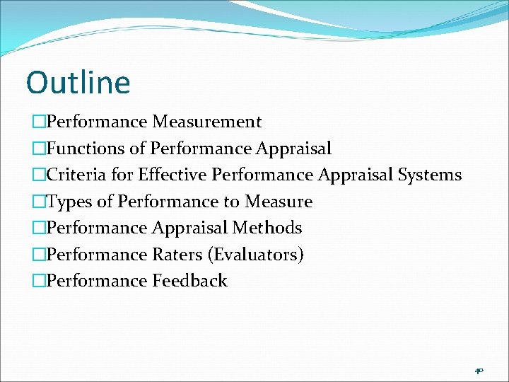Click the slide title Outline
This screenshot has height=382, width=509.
click(x=78, y=83)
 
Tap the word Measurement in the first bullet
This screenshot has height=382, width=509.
click(x=207, y=122)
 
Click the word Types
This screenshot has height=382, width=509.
click(x=69, y=202)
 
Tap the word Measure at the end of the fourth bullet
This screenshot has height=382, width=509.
click(x=279, y=202)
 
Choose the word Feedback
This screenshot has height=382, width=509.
click(x=189, y=281)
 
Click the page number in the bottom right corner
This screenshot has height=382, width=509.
click(x=479, y=370)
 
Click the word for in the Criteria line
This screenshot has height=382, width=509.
click(x=122, y=175)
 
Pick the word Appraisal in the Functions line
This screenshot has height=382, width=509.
click(x=294, y=149)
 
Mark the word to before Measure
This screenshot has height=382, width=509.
click(x=231, y=202)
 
